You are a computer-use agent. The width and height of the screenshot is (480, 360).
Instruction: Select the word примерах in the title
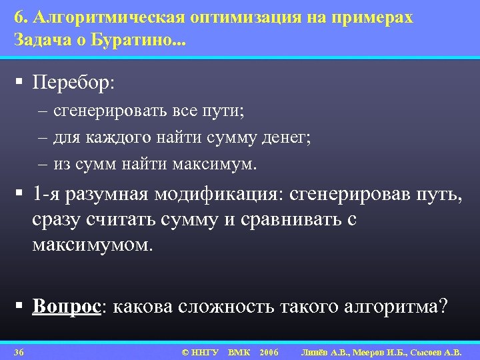[375, 18]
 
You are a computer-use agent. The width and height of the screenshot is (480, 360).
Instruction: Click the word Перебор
[73, 83]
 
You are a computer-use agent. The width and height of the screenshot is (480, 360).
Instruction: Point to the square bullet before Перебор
[21, 83]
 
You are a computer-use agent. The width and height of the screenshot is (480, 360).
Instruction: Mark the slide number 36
[19, 351]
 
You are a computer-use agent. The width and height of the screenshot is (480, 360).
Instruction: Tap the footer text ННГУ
[205, 351]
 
